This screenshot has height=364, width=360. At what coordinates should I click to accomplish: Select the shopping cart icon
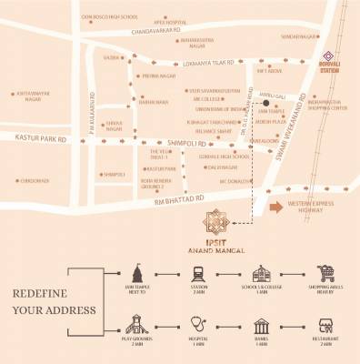(328, 272)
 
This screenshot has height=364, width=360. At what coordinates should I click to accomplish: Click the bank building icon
(262, 325)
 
